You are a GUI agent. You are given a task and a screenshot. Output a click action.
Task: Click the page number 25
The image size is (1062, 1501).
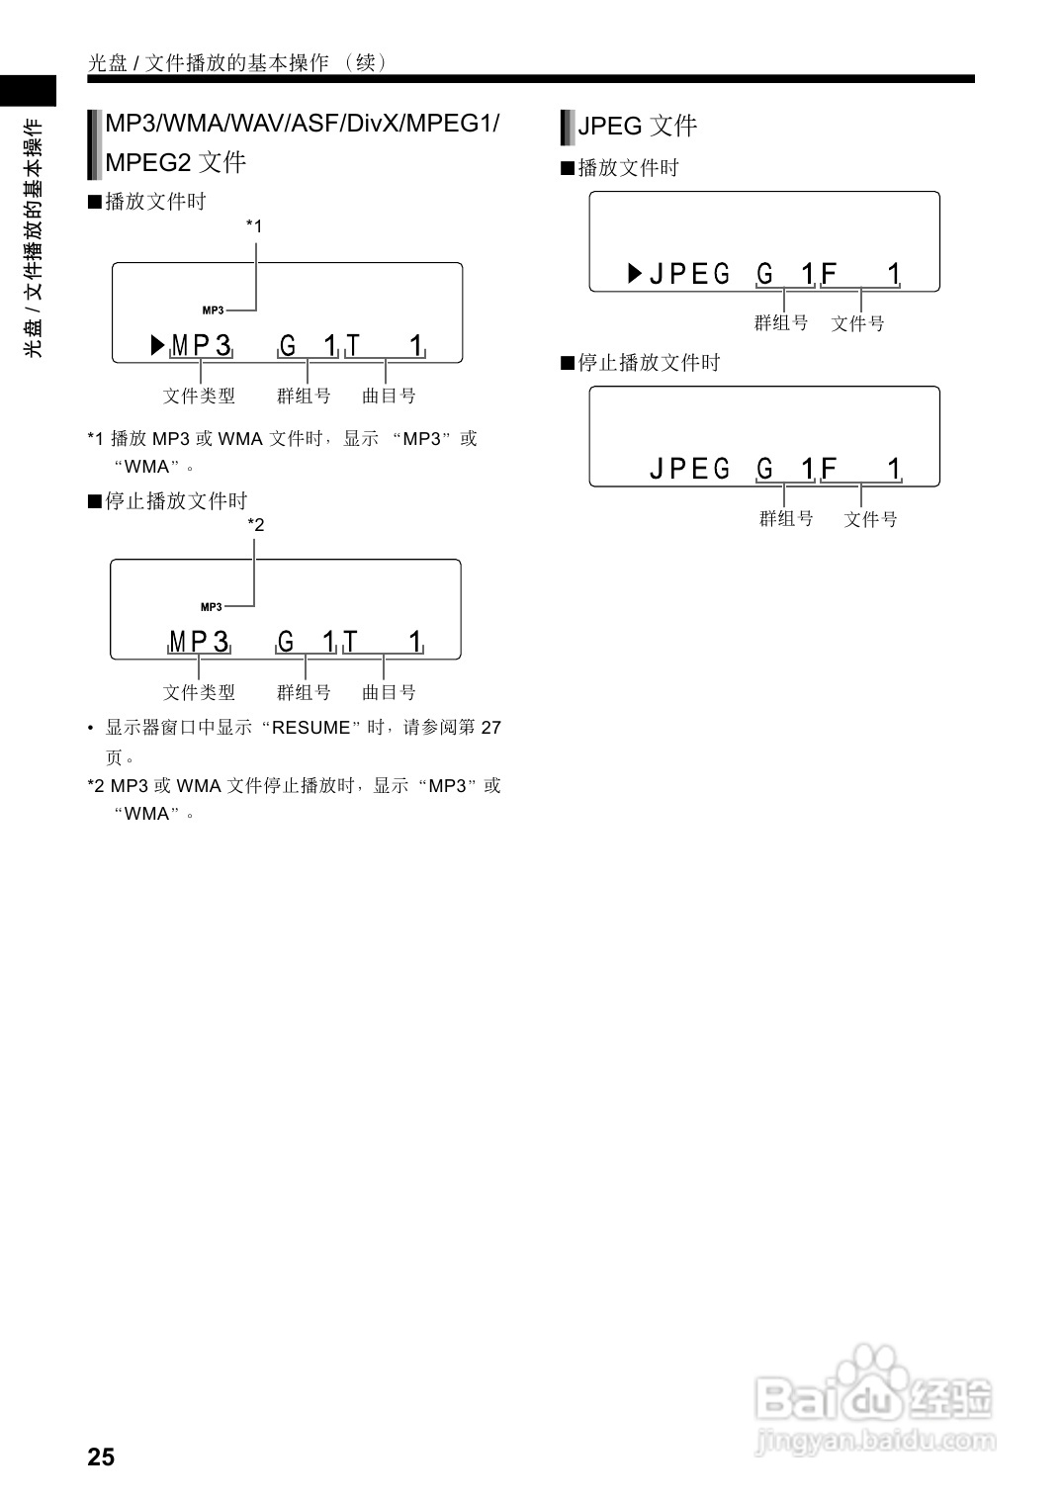(101, 1457)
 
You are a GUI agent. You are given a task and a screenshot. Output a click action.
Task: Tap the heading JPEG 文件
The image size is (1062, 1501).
(637, 126)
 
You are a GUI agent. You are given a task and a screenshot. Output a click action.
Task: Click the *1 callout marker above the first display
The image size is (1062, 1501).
(254, 226)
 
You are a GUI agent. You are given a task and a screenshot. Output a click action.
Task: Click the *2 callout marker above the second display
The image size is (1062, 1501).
(256, 525)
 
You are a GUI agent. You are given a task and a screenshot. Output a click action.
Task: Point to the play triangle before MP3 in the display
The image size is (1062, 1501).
(157, 345)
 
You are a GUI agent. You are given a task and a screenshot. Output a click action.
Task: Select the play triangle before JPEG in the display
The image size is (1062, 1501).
(635, 273)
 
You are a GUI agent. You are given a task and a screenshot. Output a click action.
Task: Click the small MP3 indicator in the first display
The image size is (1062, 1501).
(213, 310)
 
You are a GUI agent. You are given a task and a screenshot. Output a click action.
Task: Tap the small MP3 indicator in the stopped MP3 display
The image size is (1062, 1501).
(212, 607)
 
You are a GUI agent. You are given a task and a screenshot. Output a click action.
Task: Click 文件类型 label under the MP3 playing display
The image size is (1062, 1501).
(199, 396)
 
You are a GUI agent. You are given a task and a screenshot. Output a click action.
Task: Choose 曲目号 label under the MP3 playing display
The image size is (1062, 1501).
(389, 396)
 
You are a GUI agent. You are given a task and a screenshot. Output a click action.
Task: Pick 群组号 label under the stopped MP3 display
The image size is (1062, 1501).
(304, 692)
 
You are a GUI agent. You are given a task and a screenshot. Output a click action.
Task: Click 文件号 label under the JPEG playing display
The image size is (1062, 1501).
(857, 323)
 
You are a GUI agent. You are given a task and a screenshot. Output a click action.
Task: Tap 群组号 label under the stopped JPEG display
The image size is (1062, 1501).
(786, 518)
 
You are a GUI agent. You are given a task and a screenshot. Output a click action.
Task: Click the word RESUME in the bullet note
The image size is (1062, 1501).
(310, 728)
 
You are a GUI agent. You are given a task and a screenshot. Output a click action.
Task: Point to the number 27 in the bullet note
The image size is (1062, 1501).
(490, 728)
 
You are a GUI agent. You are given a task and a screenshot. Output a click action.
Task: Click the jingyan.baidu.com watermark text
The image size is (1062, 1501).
(875, 1440)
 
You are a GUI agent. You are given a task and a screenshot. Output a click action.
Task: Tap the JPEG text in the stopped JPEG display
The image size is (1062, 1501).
(689, 468)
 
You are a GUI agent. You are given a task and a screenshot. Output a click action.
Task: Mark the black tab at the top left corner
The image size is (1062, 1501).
(28, 91)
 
